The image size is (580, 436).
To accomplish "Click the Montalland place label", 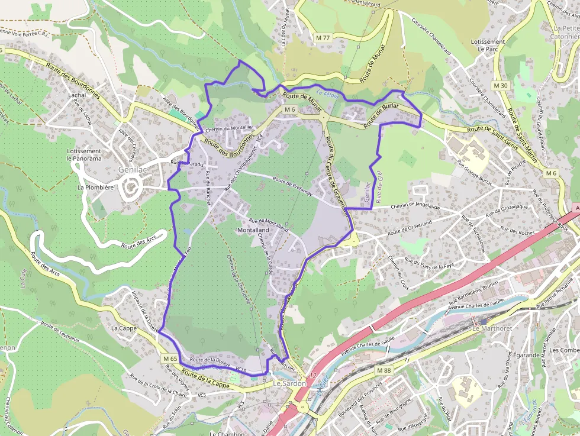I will pyautogui.click(x=254, y=230).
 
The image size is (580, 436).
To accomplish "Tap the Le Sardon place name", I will pyautogui.click(x=289, y=383).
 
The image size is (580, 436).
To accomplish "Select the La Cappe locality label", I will pyautogui.click(x=124, y=327).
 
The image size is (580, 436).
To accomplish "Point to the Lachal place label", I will pyautogui.click(x=77, y=95).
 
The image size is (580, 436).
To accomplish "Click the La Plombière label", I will pyautogui.click(x=95, y=188).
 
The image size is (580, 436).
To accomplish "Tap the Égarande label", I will pyautogui.click(x=510, y=355).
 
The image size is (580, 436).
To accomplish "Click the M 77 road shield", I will pyautogui.click(x=323, y=37).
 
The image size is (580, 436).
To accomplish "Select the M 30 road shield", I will pyautogui.click(x=500, y=85).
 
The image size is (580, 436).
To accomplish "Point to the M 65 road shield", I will pyautogui.click(x=170, y=359).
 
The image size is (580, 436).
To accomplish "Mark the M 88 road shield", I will pyautogui.click(x=385, y=370).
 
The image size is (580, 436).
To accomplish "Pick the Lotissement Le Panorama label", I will pyautogui.click(x=84, y=154).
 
